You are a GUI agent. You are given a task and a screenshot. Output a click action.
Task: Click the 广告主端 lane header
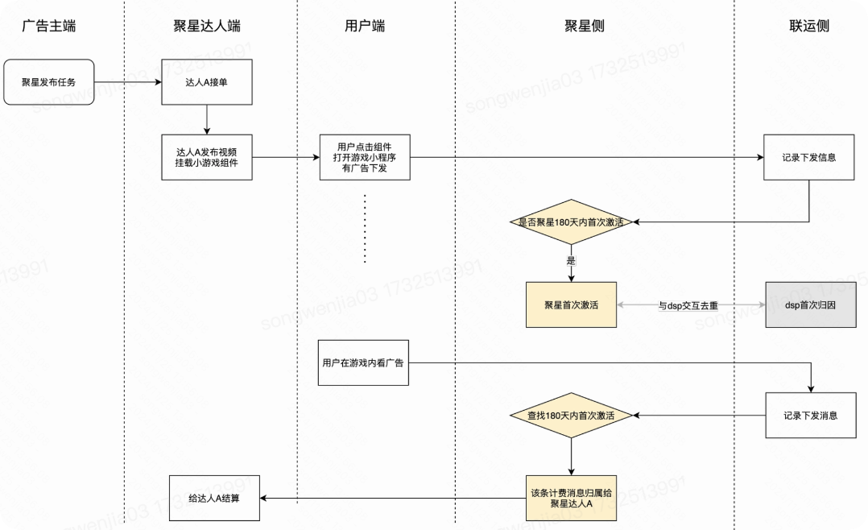point(48,26)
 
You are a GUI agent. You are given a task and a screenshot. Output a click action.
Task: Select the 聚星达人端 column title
point(207,26)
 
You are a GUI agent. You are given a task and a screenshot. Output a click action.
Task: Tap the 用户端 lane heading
point(364,26)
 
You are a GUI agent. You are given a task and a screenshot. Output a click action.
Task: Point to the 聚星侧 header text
point(585,26)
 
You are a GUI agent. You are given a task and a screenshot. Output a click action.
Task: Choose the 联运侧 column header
point(809,26)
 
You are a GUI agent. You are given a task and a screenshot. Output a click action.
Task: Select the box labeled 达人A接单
point(207,81)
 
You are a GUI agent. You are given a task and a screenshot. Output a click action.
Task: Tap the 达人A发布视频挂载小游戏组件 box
point(207,157)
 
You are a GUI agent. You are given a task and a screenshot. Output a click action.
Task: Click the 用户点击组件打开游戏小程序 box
point(365,157)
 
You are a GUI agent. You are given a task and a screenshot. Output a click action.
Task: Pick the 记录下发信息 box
point(808,157)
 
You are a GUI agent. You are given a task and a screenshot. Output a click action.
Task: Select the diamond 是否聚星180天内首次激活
point(571,222)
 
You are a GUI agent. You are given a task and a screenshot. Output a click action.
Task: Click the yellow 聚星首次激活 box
point(571,305)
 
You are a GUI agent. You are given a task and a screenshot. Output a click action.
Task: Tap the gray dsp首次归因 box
point(811,305)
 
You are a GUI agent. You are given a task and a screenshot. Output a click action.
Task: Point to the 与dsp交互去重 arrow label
point(688,306)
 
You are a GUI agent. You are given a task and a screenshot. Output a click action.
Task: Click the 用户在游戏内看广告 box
point(363,362)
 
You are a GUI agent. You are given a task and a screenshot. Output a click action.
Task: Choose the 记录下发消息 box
point(810,416)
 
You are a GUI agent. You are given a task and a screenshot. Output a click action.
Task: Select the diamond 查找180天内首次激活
point(571,416)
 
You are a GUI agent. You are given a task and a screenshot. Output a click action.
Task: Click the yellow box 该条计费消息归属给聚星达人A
point(571,498)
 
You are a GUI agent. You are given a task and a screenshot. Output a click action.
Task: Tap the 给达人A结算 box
point(214,497)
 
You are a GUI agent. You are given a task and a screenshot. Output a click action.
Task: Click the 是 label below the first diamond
point(571,261)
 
